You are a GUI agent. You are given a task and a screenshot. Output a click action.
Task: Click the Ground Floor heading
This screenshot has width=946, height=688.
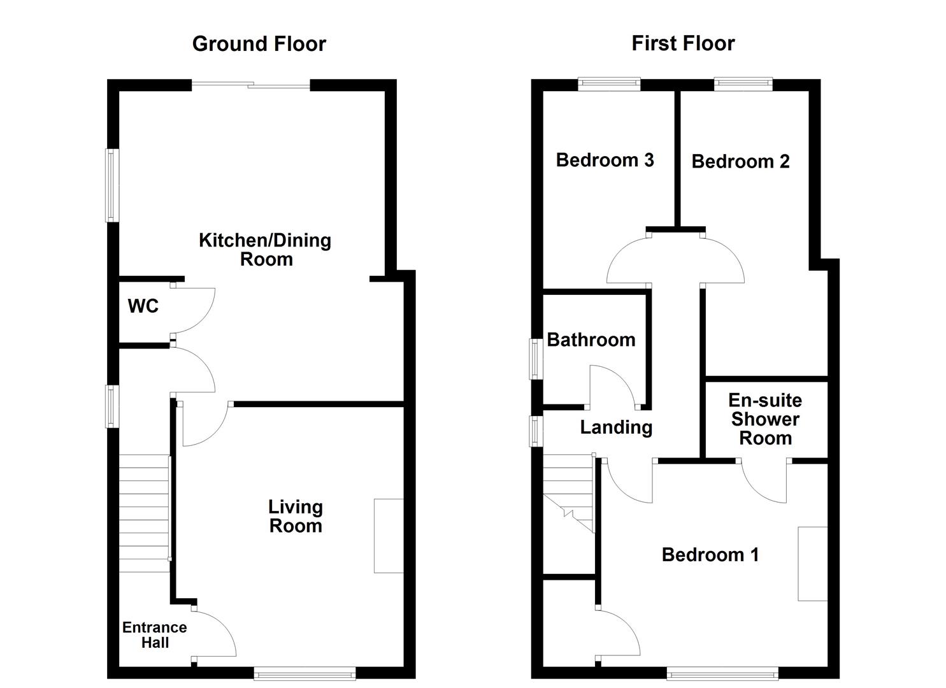259,44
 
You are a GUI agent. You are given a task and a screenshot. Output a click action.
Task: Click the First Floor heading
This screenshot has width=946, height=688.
683,43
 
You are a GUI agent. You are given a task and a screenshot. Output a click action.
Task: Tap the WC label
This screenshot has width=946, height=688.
143,306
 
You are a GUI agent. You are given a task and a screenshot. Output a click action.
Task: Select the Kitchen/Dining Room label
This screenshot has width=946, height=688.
265,250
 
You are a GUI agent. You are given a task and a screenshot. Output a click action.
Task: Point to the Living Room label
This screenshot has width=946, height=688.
296,517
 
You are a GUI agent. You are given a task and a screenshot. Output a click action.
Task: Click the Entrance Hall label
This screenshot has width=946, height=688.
155,635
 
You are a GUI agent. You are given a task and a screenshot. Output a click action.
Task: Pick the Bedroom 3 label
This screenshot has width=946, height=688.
605,160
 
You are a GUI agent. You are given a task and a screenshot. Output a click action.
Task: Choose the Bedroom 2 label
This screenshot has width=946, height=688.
740,162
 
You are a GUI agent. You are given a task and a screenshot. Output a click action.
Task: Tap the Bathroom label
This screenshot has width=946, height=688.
591,340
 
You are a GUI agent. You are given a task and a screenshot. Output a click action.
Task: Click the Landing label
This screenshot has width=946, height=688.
616,427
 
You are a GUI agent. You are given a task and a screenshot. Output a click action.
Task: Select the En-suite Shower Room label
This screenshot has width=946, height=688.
765,419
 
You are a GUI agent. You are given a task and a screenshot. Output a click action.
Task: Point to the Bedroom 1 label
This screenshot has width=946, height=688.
710,555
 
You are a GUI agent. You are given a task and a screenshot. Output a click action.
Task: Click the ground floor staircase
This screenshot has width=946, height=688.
145,513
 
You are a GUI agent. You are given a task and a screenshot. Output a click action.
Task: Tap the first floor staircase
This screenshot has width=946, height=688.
568,494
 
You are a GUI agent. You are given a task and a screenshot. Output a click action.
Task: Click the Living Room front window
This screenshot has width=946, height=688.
305,673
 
